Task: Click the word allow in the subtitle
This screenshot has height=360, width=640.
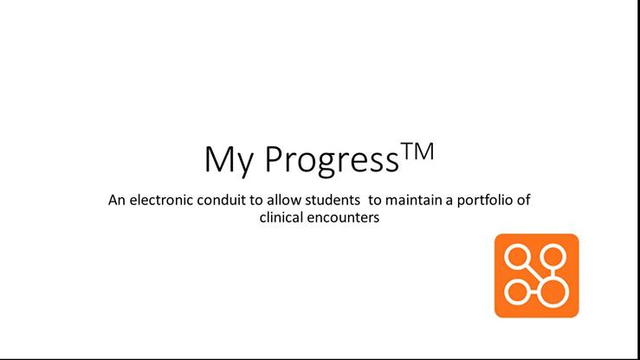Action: [284, 200]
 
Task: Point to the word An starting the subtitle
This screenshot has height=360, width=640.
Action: [117, 200]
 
